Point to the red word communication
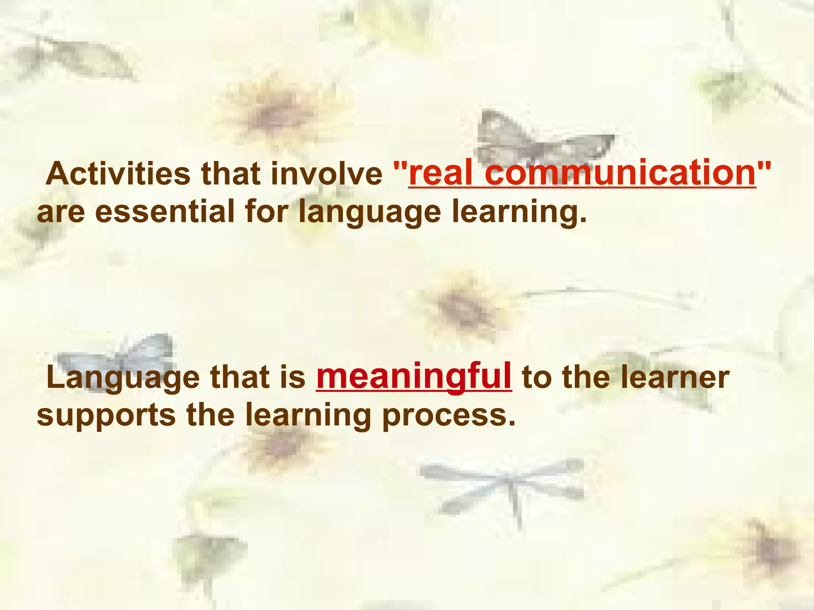click(x=620, y=174)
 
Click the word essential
click(x=165, y=211)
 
